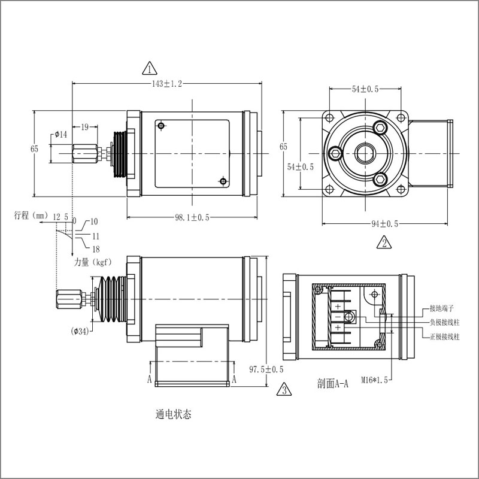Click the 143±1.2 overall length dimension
tap(164, 84)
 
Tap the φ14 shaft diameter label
tap(60, 134)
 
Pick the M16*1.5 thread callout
tap(375, 380)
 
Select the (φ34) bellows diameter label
tap(80, 331)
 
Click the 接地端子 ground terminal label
tap(444, 310)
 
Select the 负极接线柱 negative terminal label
tap(445, 323)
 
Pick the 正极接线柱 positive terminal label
tap(445, 338)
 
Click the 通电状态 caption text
tap(173, 414)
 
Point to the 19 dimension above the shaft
tap(85, 126)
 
